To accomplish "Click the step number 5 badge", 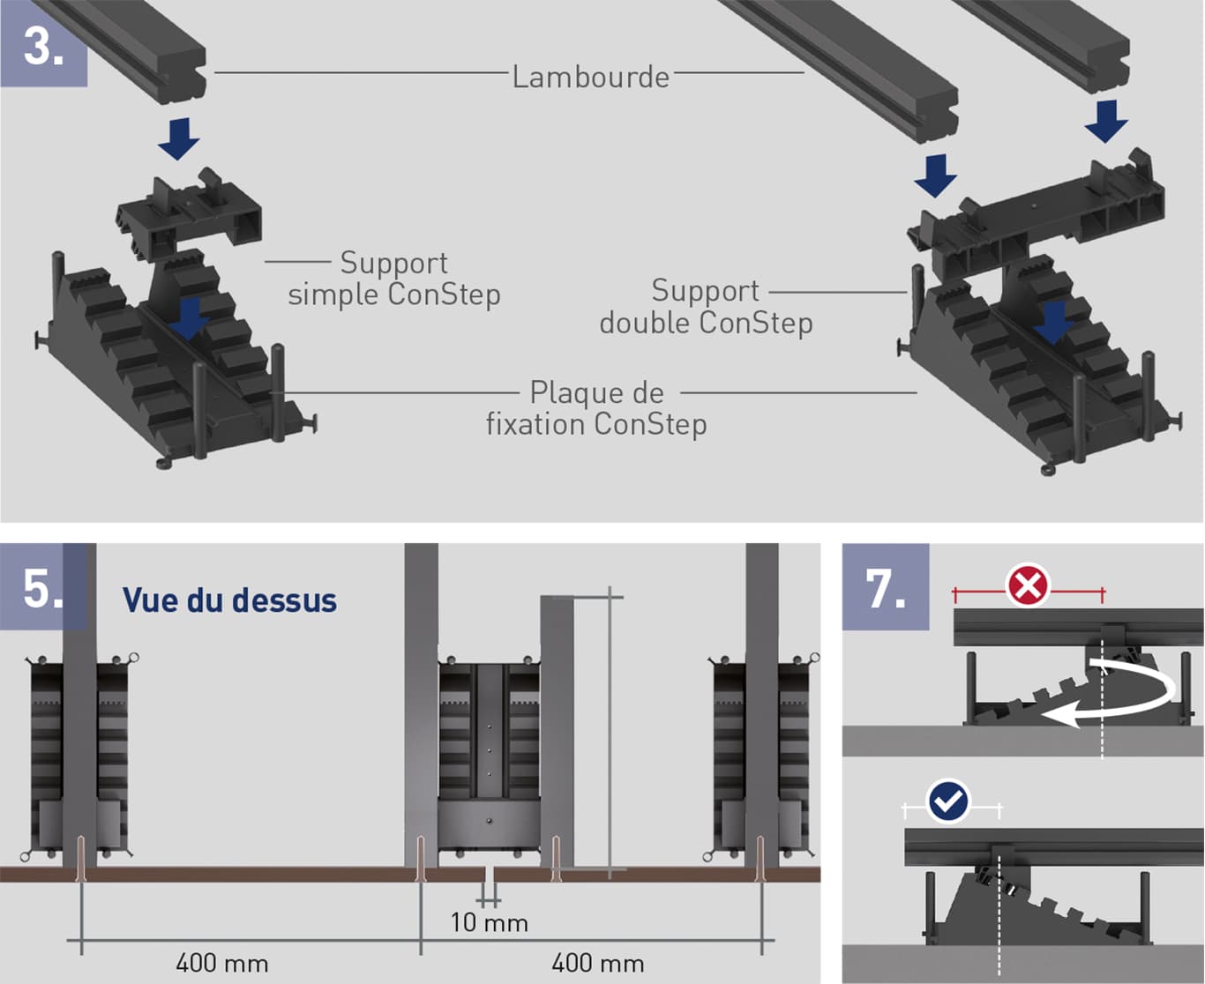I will [43, 587].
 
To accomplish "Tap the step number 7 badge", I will [885, 587].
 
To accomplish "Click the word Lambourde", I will [590, 78].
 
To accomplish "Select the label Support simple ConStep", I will [394, 279].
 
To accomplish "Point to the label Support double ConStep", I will [706, 307].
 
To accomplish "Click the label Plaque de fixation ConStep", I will [596, 408].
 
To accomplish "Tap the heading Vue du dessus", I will [229, 600].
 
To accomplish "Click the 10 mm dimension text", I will [489, 923].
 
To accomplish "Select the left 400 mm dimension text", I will [221, 963].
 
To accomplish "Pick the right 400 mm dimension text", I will [597, 963].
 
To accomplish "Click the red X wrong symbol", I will [1028, 585].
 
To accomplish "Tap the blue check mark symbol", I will [949, 801].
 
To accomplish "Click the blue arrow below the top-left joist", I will [179, 138].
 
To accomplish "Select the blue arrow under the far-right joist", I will [1106, 121].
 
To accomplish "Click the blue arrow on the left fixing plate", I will [189, 319].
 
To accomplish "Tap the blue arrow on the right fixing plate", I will [1052, 324].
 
